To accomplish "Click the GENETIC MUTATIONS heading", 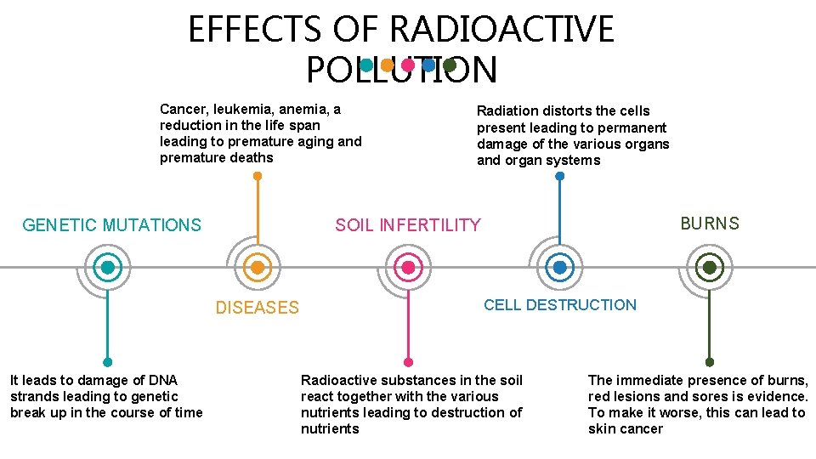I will (111, 225).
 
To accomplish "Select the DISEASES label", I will (257, 308).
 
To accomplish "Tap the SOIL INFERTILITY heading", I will (407, 225).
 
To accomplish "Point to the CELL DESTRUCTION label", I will (559, 305).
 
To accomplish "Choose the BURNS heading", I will (710, 224).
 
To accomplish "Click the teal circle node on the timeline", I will (108, 268).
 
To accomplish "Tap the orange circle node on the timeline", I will (258, 268).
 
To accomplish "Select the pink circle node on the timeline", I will (408, 268).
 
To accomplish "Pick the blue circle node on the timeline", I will (559, 268).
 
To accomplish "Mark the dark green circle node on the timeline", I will (710, 268).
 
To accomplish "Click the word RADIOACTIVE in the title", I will (501, 30).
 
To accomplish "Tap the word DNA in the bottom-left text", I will (162, 380).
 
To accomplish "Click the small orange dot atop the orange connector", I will (258, 176).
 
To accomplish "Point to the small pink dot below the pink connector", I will (408, 361).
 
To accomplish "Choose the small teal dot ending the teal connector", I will (108, 361).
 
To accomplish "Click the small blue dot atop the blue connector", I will (559, 176).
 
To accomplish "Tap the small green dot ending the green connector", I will (710, 361).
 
